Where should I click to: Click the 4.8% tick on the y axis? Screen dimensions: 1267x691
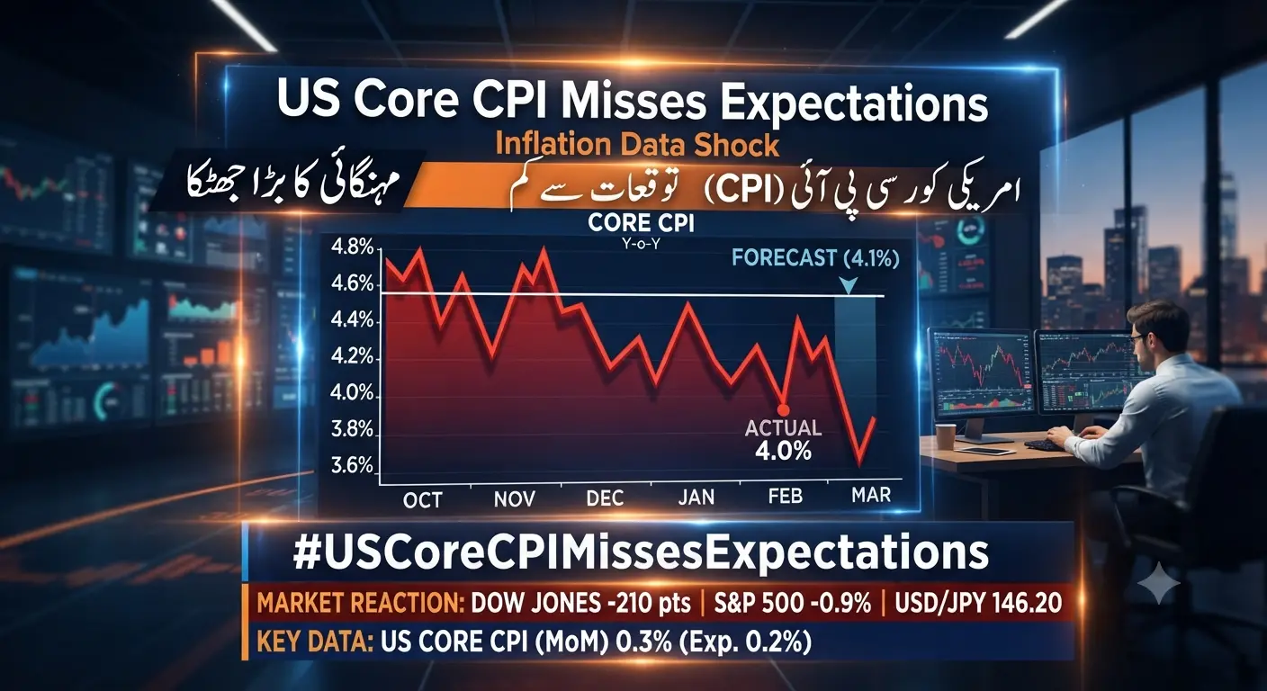coord(352,247)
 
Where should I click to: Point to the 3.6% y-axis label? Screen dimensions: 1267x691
coord(352,465)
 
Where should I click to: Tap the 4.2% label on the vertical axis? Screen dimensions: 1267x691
coord(352,357)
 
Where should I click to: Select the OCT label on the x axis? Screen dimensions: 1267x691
coord(423,500)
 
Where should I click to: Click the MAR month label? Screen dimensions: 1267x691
coord(871,496)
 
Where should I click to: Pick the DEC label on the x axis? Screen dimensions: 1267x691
coord(606,498)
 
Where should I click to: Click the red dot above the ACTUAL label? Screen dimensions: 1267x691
coord(784,410)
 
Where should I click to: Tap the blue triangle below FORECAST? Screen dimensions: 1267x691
coord(848,285)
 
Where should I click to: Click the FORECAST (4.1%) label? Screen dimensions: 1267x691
coord(815,258)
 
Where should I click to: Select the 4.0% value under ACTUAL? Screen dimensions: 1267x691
coord(784,451)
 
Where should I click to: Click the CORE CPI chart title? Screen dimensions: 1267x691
coord(641,223)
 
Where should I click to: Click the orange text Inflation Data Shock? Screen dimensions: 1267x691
coord(637,145)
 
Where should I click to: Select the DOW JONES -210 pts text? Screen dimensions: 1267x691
coord(581,604)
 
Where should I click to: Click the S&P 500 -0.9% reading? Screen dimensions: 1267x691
coord(793,604)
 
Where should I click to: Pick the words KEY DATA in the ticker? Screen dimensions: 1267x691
coord(314,642)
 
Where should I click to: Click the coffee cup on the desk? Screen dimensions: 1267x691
coord(946,436)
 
